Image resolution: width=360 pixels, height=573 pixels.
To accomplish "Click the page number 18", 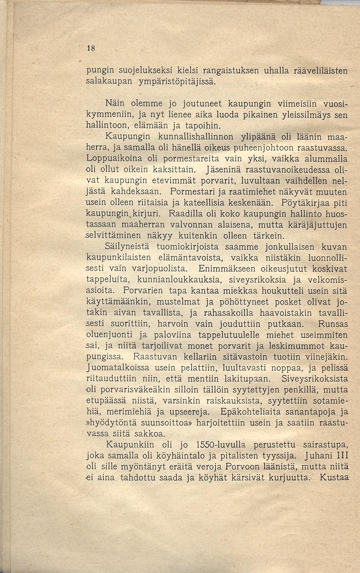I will pos(90,48).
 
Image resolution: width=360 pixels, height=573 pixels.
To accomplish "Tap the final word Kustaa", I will pos(334,477).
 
